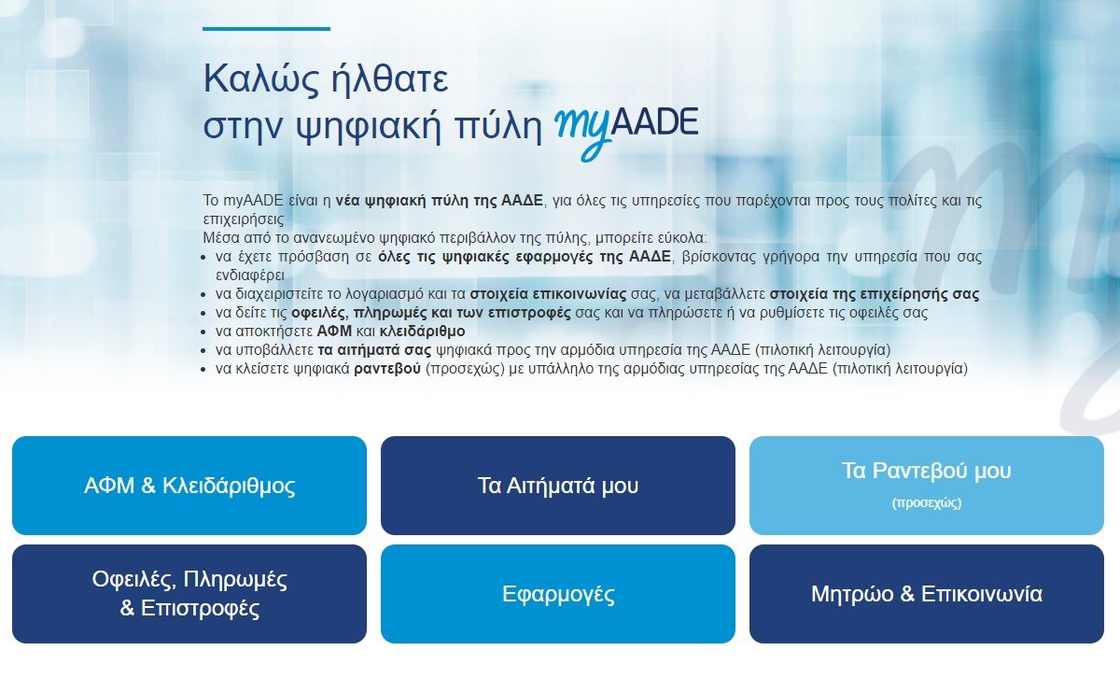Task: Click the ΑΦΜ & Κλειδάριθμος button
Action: [x=189, y=486]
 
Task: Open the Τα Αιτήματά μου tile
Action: [x=558, y=486]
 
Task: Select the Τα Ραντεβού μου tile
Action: [x=926, y=473]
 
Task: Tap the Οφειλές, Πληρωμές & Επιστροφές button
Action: [x=189, y=594]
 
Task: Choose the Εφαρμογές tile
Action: [x=558, y=594]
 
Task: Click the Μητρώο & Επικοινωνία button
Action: [x=926, y=594]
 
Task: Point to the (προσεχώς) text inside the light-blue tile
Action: [x=926, y=502]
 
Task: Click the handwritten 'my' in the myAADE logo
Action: [x=584, y=129]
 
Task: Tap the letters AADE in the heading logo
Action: [x=657, y=123]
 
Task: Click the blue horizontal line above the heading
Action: [x=266, y=29]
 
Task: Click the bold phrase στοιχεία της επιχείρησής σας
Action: [x=874, y=294]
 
